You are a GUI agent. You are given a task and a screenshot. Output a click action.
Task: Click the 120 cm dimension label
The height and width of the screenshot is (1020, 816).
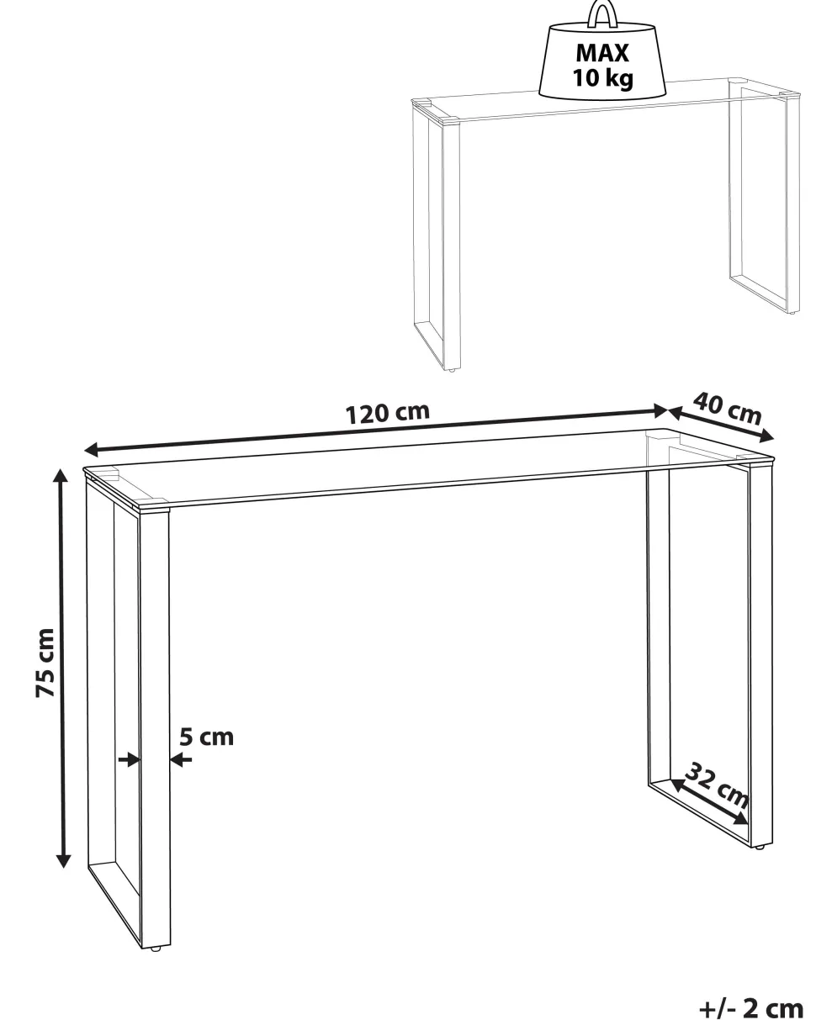[387, 413]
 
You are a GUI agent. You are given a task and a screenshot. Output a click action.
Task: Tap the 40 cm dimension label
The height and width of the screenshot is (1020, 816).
[728, 408]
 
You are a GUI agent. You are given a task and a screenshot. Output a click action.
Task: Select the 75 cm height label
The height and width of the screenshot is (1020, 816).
[45, 663]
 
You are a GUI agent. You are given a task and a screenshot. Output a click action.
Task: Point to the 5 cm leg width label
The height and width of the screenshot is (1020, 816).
[207, 737]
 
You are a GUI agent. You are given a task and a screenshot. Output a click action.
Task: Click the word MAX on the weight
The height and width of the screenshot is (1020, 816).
[602, 53]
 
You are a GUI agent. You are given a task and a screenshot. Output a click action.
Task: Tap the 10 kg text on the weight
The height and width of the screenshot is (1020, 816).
[602, 78]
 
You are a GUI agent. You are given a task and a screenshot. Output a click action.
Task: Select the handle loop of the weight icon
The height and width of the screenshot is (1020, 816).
[601, 13]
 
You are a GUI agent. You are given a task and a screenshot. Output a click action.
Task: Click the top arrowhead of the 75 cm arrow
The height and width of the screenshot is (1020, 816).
[60, 475]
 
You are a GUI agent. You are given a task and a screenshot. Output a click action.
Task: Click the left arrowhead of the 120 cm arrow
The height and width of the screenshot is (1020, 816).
[91, 449]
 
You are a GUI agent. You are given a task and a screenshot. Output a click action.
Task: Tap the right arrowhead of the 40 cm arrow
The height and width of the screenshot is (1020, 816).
[766, 436]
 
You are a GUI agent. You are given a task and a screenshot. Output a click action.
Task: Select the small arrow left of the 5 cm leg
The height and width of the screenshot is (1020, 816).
[129, 760]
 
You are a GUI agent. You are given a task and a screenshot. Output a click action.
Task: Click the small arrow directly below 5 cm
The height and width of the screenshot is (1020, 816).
[181, 760]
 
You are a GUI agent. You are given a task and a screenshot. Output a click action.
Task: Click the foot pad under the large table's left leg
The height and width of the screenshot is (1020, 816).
[155, 949]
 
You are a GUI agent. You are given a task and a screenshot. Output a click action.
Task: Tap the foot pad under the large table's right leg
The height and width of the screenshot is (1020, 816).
[759, 848]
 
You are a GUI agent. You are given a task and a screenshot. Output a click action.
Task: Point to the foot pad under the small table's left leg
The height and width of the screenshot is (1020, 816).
[453, 369]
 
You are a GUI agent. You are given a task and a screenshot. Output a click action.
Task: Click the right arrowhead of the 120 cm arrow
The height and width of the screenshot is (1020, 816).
[661, 410]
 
